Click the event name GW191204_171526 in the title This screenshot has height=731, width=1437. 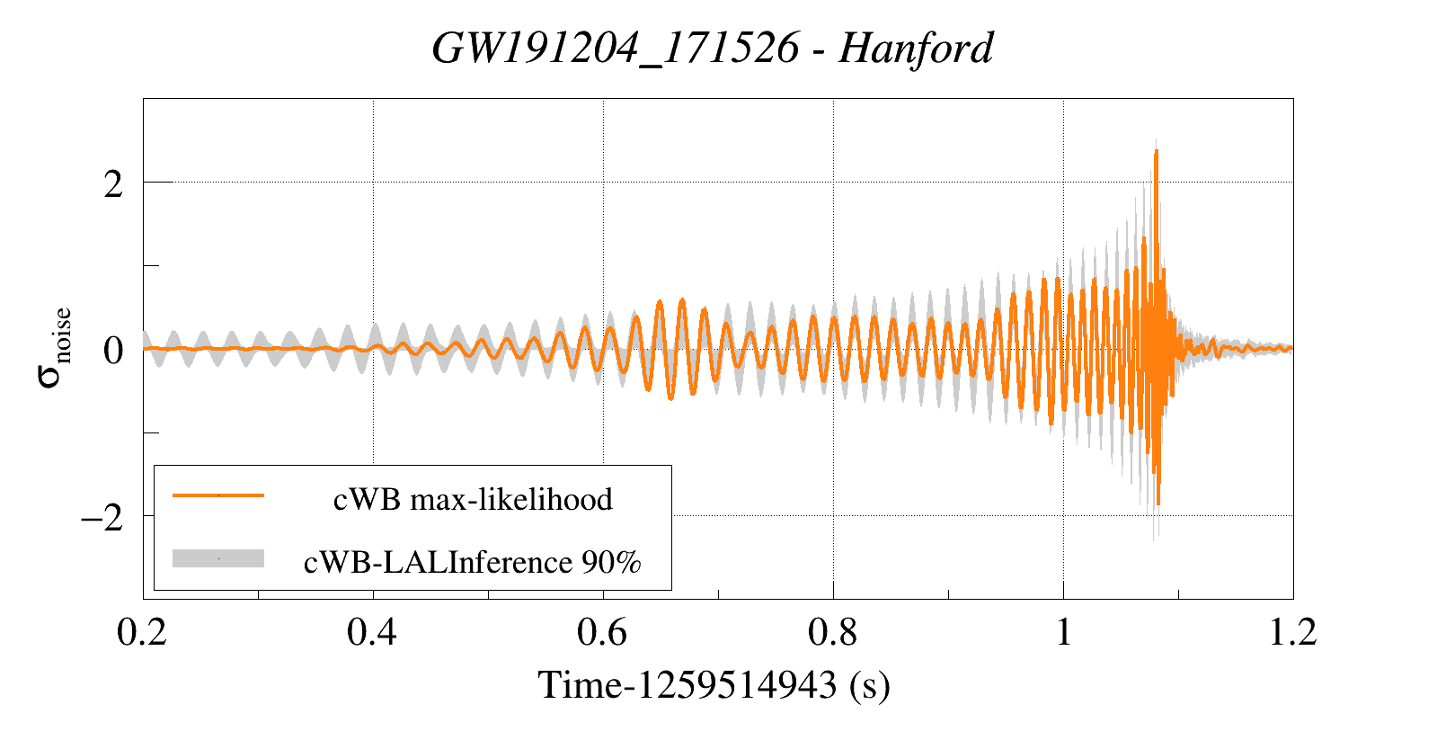tap(615, 49)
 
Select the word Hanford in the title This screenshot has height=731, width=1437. tap(916, 49)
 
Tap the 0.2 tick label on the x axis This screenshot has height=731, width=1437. tap(142, 632)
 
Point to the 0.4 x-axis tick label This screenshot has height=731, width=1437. tap(372, 632)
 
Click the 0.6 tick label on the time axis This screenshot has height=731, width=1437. tap(602, 632)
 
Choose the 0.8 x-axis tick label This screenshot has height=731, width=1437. tap(832, 632)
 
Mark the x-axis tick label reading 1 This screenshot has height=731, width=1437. tap(1063, 632)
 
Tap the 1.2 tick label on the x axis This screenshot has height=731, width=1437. tap(1292, 632)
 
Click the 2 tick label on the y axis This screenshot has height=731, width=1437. tap(113, 184)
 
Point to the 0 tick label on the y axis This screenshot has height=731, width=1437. tap(113, 351)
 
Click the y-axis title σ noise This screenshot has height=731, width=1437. tap(54, 347)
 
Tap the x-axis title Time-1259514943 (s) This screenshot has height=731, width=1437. tap(714, 685)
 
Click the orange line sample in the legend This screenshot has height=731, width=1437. tap(218, 495)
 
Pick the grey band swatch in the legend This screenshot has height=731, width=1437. tap(218, 558)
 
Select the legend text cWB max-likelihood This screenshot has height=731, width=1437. tap(473, 499)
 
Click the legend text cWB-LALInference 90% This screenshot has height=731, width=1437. tap(473, 562)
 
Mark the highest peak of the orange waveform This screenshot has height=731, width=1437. tap(1156, 151)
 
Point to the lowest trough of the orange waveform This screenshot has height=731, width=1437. tap(1158, 504)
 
